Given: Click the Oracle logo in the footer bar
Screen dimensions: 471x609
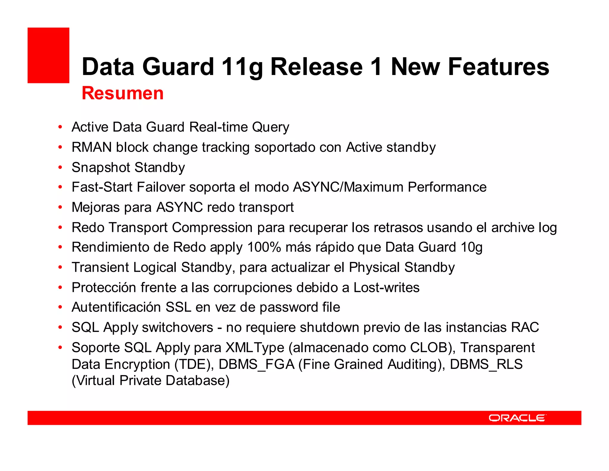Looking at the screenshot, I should (517, 418).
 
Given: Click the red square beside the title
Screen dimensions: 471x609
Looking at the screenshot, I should (48, 55).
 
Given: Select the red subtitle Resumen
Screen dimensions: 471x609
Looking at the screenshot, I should (123, 93).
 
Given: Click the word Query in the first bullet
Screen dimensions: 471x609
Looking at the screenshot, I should (270, 127).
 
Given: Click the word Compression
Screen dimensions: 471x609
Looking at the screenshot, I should (212, 228).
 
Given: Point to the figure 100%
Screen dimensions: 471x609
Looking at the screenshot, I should (264, 247).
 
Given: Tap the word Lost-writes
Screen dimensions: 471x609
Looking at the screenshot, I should (386, 288).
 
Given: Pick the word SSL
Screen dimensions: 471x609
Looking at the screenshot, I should (178, 307).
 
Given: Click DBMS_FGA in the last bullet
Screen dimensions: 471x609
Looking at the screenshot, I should (256, 364).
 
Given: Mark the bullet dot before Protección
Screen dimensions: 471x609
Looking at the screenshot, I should (60, 288).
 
